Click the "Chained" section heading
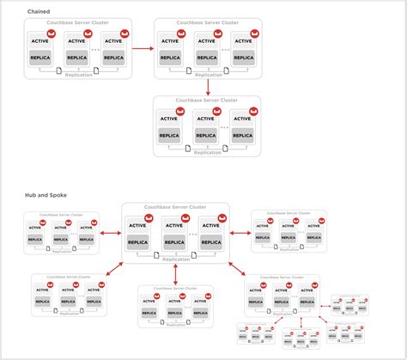(x=38, y=11)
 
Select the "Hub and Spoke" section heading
(x=45, y=196)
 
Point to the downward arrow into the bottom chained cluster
(x=208, y=86)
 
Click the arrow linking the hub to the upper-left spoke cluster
(x=110, y=232)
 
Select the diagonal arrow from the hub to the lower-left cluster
(x=118, y=269)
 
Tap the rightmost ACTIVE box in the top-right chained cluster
(x=242, y=40)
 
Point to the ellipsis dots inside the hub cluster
(x=194, y=235)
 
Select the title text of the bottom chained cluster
(x=207, y=101)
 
